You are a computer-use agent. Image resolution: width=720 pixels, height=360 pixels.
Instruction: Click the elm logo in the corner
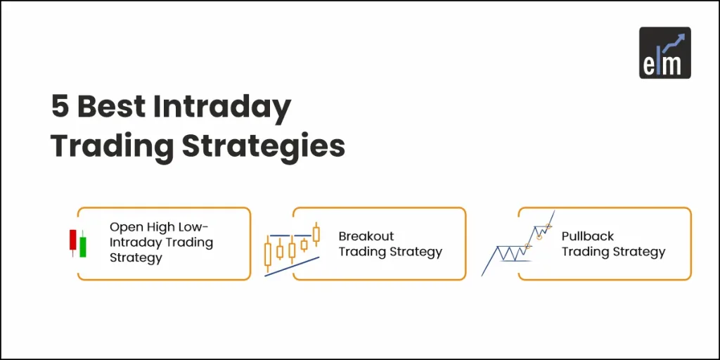(x=664, y=52)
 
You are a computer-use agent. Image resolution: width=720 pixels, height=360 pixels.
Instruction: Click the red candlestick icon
(x=72, y=240)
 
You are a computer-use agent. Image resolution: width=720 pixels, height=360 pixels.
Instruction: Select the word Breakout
(x=366, y=236)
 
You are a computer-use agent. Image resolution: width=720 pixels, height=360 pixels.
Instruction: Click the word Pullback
(x=588, y=236)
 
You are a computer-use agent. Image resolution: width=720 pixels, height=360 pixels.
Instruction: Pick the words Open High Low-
(x=160, y=227)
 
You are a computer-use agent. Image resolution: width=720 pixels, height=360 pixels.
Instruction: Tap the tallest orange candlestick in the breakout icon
(x=316, y=234)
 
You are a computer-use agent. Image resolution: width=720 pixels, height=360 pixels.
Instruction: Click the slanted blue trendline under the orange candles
(x=292, y=266)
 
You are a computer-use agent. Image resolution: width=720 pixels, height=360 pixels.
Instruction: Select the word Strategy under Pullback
(x=639, y=252)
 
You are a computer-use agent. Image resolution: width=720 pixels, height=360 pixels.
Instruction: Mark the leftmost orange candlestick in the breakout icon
(x=268, y=254)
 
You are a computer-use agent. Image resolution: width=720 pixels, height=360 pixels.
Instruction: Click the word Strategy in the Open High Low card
(x=136, y=258)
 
